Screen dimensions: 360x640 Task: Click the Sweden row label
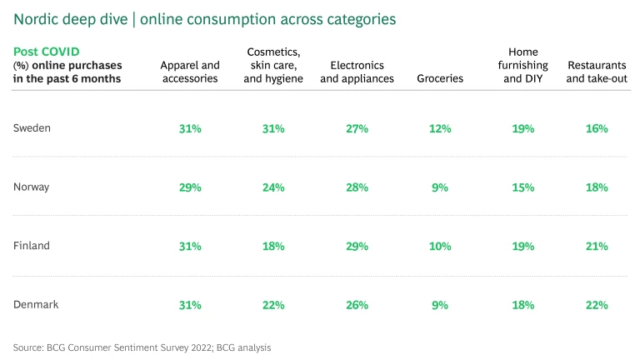[32, 128]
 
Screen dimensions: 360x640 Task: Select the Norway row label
[32, 187]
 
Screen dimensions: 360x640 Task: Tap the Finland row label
[32, 246]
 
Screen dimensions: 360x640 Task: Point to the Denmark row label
[36, 304]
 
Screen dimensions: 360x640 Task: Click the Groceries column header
[440, 78]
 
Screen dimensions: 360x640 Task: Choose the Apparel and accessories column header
[190, 72]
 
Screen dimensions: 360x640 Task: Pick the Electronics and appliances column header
[357, 72]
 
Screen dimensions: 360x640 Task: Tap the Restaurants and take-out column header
[597, 72]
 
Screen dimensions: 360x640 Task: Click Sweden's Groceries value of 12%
[440, 129]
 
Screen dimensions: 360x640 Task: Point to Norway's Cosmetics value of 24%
[273, 187]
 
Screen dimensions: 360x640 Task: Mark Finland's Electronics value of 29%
[357, 247]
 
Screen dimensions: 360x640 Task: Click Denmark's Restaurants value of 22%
[597, 305]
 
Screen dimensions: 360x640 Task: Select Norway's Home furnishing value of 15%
[523, 187]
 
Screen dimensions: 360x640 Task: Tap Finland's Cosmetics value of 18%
[273, 247]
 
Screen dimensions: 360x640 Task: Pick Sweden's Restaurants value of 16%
[597, 129]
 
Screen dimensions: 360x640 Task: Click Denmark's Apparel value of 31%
[190, 305]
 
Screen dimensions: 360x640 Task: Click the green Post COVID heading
[46, 52]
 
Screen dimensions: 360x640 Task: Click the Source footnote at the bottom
[142, 347]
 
